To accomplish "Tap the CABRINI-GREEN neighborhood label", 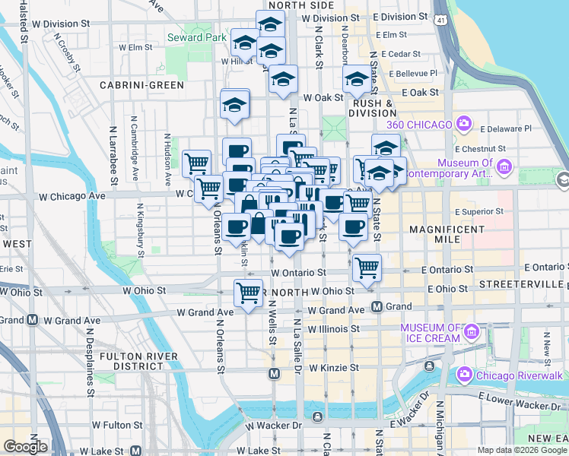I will click(x=146, y=85).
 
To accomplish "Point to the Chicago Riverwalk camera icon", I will click(x=463, y=374).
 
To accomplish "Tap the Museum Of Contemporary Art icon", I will click(x=503, y=166).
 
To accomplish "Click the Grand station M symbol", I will click(x=376, y=306).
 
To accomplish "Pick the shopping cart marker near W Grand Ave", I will click(x=248, y=292).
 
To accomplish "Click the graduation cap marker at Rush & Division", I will click(x=356, y=78).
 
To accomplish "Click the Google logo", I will click(x=26, y=446).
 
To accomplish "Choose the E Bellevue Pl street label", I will click(x=413, y=73).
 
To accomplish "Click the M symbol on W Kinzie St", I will click(x=274, y=373).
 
